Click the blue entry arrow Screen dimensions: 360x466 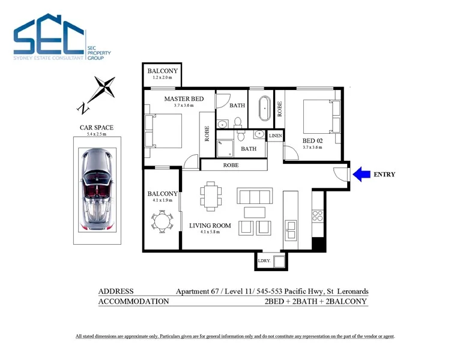pyautogui.click(x=362, y=175)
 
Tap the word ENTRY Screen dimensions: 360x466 pyautogui.click(x=384, y=175)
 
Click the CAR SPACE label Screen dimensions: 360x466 pyautogui.click(x=97, y=127)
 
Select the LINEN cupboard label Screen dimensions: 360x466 pyautogui.click(x=275, y=136)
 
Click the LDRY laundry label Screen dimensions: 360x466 pyautogui.click(x=264, y=261)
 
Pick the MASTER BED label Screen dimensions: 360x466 pyautogui.click(x=184, y=98)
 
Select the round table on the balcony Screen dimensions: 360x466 pyautogui.click(x=162, y=222)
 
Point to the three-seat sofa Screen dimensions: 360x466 pyautogui.click(x=255, y=196)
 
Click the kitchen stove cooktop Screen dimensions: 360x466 pyautogui.click(x=318, y=216)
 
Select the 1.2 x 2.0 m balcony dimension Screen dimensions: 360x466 pyautogui.click(x=162, y=78)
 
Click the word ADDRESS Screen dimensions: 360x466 pyautogui.click(x=116, y=291)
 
